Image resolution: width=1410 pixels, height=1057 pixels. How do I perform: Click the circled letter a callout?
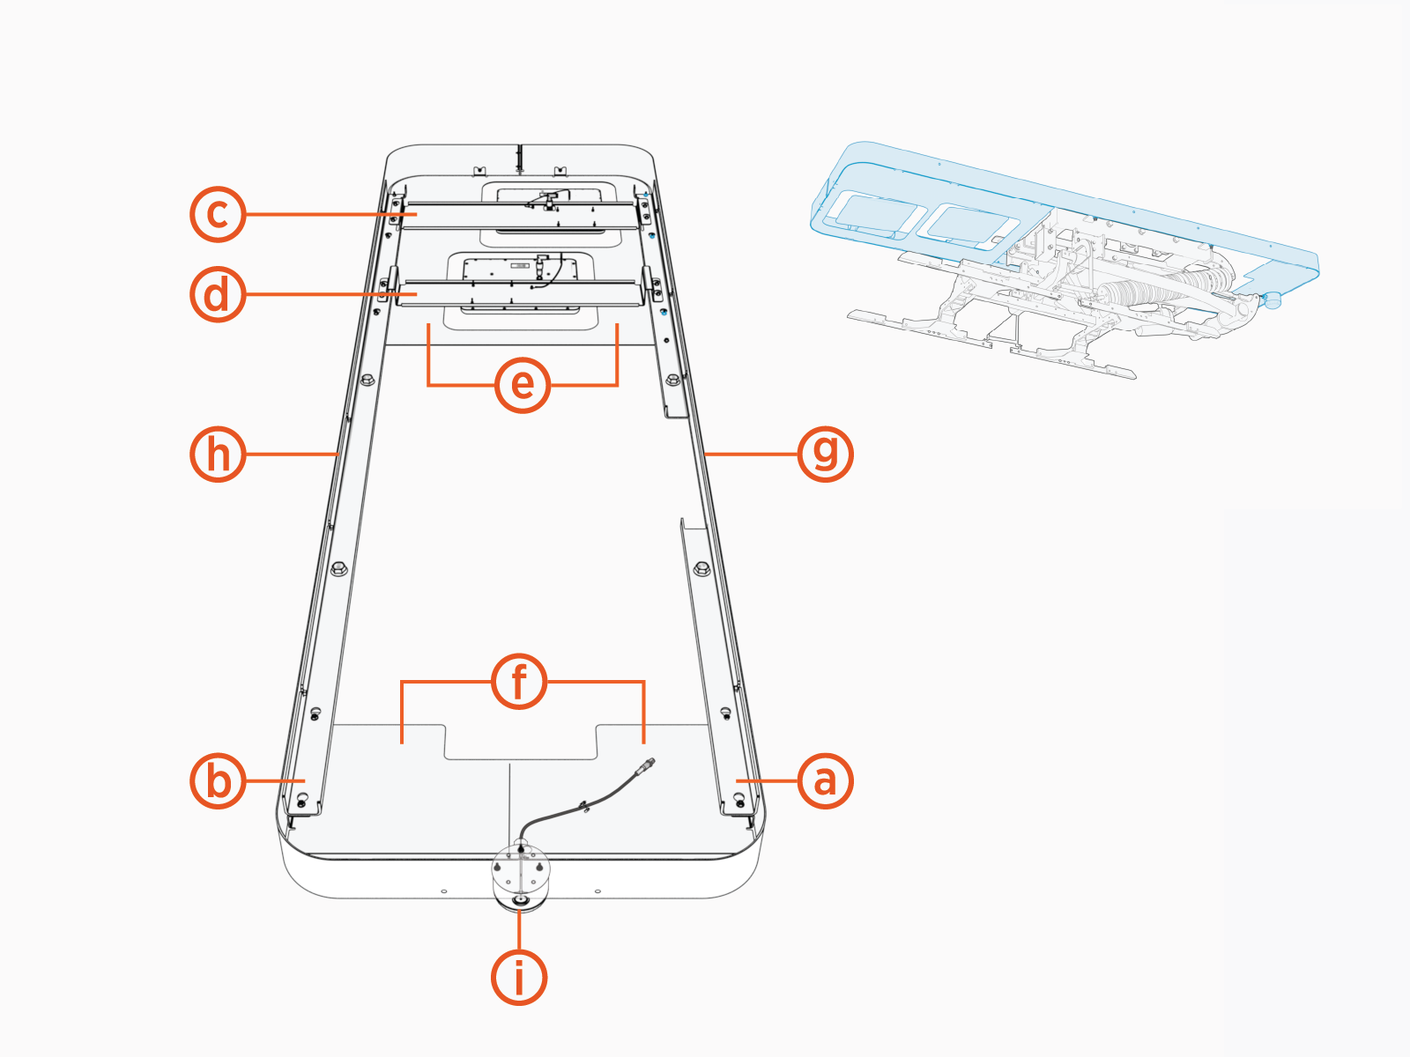(x=825, y=780)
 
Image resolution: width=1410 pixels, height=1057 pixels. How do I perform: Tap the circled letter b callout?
(x=218, y=780)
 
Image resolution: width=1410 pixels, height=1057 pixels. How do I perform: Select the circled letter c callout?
(x=218, y=214)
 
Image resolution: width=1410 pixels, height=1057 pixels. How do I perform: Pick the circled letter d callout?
(x=218, y=294)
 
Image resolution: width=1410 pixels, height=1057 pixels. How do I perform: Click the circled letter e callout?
(x=523, y=385)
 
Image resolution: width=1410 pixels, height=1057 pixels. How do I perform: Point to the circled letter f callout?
(x=519, y=682)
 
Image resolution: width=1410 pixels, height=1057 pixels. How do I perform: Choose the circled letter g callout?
(x=825, y=454)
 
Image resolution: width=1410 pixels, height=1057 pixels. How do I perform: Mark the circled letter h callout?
(x=218, y=455)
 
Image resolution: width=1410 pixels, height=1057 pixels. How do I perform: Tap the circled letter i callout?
(x=519, y=978)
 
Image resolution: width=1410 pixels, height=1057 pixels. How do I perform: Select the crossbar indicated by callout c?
(x=520, y=215)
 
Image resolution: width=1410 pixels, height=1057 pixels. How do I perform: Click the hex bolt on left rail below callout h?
(x=338, y=568)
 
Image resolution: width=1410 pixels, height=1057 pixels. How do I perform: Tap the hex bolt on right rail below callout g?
(x=701, y=568)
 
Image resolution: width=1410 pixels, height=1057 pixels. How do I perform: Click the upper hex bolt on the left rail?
(x=367, y=380)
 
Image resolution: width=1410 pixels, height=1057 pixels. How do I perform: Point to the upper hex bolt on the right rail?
(x=673, y=380)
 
